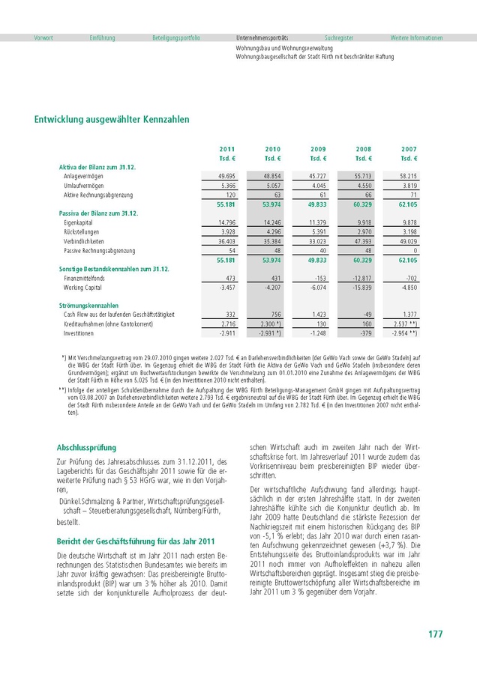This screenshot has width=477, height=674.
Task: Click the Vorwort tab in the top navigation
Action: click(43, 37)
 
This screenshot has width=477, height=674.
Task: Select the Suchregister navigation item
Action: click(338, 37)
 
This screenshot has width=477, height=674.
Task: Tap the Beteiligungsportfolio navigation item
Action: click(176, 37)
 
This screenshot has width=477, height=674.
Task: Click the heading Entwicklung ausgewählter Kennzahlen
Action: click(112, 119)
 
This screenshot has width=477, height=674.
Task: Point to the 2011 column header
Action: click(226, 149)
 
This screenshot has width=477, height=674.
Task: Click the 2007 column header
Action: click(409, 149)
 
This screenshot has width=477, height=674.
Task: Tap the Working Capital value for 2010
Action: click(271, 287)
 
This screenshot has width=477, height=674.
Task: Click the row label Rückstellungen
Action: click(81, 232)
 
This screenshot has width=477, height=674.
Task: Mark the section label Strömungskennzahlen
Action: click(88, 306)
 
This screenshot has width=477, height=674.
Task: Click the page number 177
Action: click(435, 634)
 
